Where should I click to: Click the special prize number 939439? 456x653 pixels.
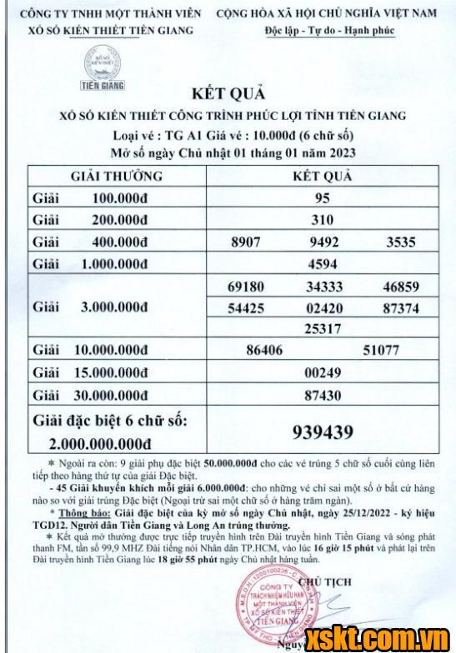[x=323, y=431]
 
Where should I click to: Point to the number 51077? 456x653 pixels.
[x=382, y=351]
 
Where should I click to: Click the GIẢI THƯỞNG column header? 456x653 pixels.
[x=116, y=177]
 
